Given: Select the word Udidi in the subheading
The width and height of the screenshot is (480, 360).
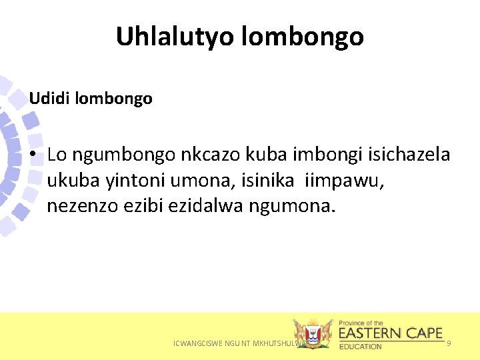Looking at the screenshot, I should (50, 99).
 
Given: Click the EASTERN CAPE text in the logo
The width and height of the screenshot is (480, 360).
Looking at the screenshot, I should (391, 333).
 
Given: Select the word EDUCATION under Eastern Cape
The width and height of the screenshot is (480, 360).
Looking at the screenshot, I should (360, 347).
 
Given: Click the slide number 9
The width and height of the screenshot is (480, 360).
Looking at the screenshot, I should (449, 343).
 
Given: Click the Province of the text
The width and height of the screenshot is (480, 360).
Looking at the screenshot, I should (361, 323).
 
